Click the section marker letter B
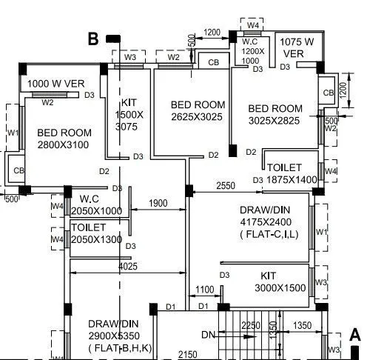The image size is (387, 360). click(93, 39)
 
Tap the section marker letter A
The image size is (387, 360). click(354, 334)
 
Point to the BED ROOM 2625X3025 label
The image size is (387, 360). click(197, 111)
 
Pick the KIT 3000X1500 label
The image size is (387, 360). click(279, 281)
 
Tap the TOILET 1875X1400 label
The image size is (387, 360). click(292, 173)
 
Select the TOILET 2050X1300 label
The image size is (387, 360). click(97, 233)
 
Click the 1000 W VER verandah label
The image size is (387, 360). click(56, 84)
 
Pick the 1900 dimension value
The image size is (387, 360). click(158, 203)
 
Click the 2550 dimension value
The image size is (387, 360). click(226, 185)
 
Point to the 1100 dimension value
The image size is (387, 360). click(205, 290)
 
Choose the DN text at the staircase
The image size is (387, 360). click(208, 336)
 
